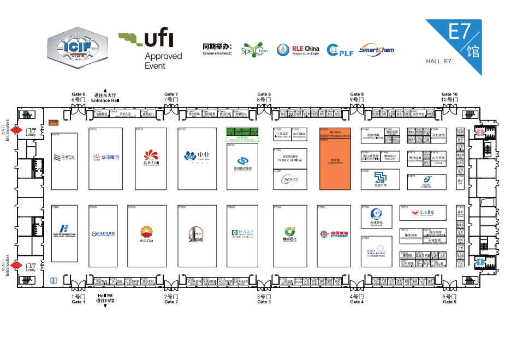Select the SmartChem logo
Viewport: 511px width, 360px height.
point(377,50)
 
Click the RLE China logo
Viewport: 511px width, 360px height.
point(298,50)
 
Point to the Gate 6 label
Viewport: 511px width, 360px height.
point(79,97)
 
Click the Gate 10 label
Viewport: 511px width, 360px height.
point(450,97)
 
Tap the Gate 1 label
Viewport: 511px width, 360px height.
point(79,299)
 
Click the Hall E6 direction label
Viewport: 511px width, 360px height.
point(105,298)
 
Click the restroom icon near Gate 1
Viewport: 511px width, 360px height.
point(54,280)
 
